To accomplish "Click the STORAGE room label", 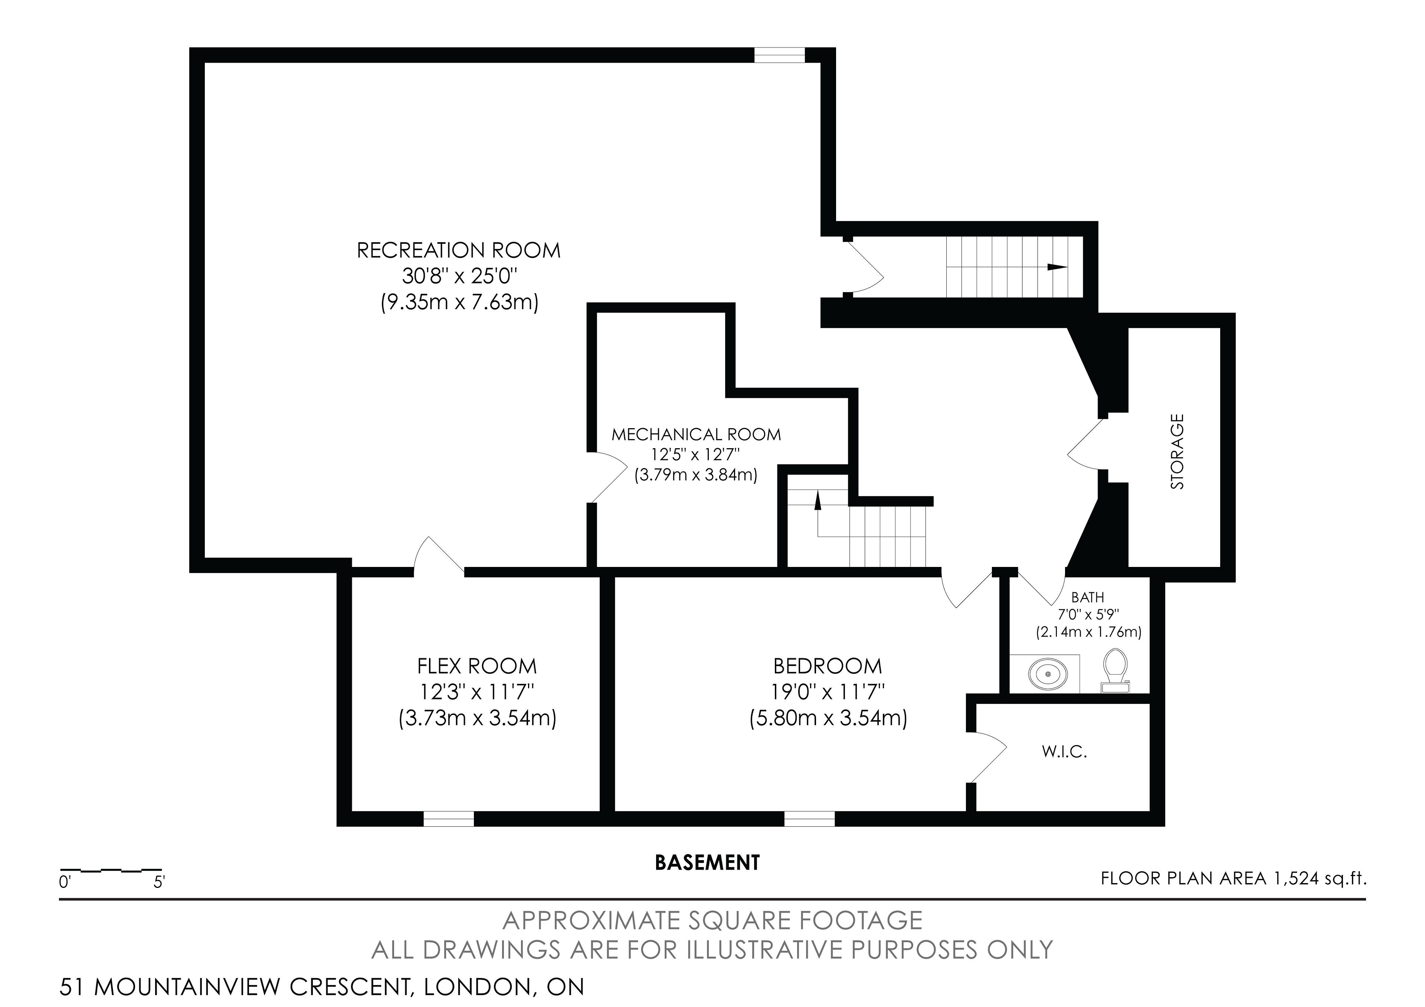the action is [x=1177, y=452].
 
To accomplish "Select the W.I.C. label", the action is [x=1064, y=752].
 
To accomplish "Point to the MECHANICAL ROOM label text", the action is [x=697, y=434].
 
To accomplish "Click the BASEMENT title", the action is [x=708, y=862].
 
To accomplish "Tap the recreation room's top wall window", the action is [x=780, y=55].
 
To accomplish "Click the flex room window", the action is [x=449, y=819].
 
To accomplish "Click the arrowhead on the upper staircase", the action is [x=1057, y=268].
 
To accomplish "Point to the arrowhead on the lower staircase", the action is [x=818, y=501].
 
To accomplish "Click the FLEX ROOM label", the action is [x=476, y=666].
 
